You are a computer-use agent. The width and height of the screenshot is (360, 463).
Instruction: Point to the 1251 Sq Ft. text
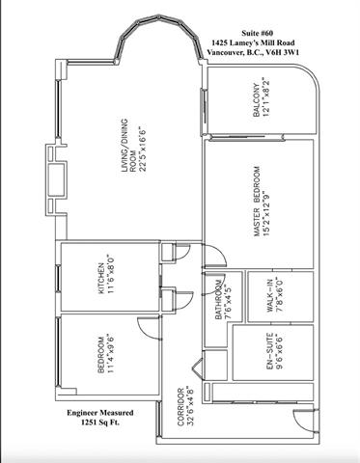coord(100,422)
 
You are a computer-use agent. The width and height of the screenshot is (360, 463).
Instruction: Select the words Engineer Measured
coord(100,413)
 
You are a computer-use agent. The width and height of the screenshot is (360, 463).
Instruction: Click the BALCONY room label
coord(257,100)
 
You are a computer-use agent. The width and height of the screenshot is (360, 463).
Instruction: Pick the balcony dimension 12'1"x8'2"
coord(265,96)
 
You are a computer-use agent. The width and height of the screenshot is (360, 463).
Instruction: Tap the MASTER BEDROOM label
coord(257,202)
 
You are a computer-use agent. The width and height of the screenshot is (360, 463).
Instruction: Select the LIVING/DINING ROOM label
coord(128,146)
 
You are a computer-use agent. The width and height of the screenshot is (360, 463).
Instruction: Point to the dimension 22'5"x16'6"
coord(142,149)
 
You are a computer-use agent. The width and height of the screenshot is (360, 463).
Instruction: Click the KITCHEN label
coord(101,279)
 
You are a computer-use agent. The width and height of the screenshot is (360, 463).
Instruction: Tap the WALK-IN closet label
coord(270,295)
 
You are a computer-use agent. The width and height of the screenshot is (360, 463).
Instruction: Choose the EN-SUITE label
coord(270,351)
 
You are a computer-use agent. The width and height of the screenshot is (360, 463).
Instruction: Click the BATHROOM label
coord(219,300)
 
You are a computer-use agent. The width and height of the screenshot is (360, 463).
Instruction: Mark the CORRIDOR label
coord(180,407)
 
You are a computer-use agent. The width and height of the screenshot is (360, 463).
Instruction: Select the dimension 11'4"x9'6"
coord(110,354)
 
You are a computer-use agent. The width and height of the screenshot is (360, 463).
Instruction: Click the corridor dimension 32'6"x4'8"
coord(190,406)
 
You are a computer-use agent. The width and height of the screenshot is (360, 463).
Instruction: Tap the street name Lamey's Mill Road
coord(263,42)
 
